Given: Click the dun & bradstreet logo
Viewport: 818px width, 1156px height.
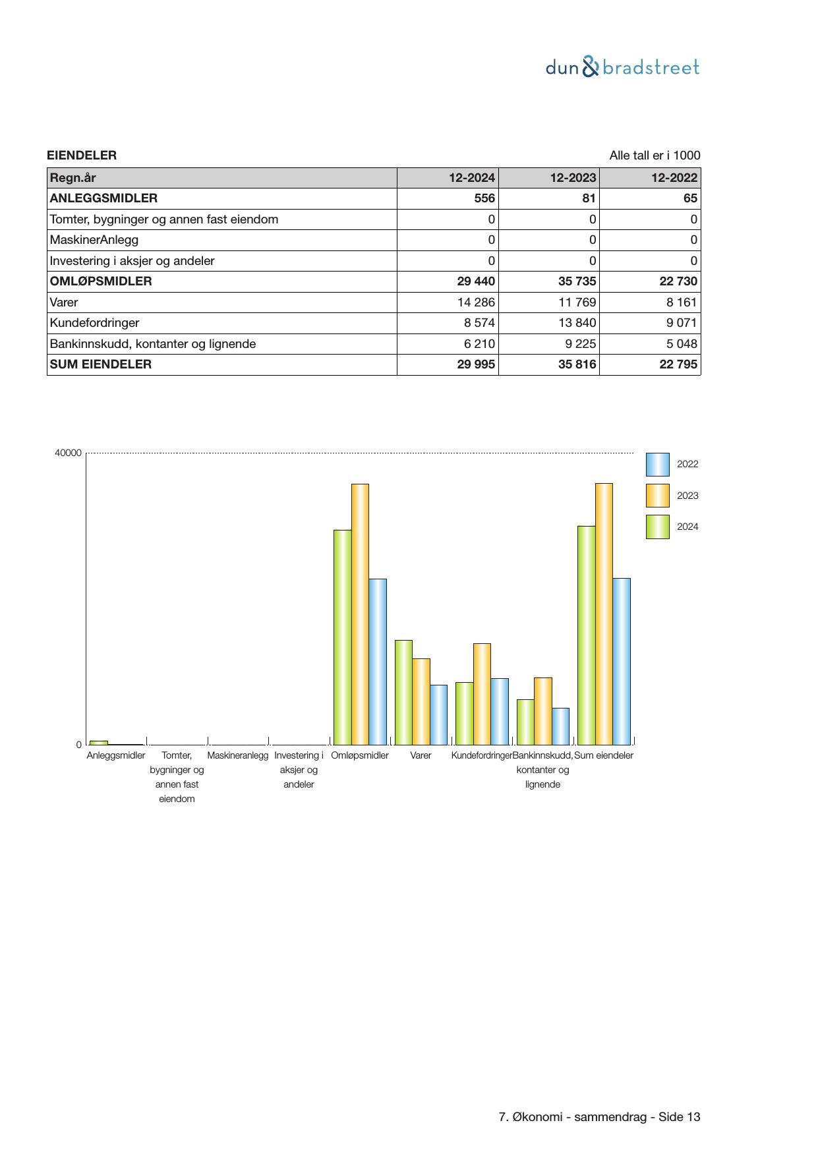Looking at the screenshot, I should [622, 67].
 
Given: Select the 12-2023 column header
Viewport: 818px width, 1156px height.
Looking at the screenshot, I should [573, 178].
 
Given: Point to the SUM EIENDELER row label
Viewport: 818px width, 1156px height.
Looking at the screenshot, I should [101, 364].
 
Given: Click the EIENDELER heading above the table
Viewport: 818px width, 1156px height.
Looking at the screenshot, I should [82, 156].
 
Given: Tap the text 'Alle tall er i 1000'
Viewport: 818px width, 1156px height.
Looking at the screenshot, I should [655, 156].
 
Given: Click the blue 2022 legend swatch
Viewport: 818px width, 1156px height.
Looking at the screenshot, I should [657, 465].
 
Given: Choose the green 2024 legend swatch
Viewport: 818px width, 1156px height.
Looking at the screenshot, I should [657, 527].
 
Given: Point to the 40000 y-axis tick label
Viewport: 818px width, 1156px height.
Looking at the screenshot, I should [69, 453].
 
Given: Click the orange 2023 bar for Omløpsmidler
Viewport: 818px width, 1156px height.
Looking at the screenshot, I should [360, 613].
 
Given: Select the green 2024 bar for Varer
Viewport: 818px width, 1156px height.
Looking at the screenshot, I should [403, 692].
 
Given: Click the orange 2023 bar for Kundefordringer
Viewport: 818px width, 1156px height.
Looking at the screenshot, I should [482, 693].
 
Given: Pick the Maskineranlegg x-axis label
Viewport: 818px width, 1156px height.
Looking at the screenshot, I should [238, 755].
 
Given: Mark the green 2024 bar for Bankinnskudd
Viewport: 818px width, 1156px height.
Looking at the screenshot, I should [525, 722].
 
